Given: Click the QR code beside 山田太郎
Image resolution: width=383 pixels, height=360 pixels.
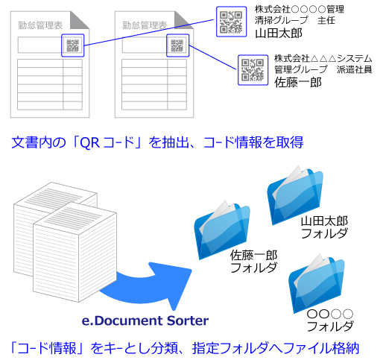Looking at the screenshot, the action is coord(231,22).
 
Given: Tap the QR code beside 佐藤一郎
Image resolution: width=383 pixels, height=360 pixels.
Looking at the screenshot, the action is coord(253,70).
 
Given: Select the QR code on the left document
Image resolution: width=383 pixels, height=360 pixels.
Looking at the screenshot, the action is coord(73,45).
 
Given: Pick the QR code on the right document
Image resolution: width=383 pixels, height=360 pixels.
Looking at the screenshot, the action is coord(177,45).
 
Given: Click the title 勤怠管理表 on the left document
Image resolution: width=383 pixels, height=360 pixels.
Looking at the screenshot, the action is coord(40,25).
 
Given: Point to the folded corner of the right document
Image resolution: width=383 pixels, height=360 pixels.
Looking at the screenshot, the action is coord(183,20).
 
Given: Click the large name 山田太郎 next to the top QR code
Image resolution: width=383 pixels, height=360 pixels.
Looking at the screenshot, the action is coord(279,34).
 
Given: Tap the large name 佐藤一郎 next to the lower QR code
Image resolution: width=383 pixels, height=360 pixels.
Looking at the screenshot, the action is coord(298,82).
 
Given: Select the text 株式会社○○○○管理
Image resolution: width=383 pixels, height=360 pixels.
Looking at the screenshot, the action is coord(300,10).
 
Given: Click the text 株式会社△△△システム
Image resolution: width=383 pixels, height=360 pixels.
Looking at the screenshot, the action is coord(323,59).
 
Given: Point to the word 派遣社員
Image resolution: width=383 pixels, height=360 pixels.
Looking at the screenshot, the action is coord(355,70).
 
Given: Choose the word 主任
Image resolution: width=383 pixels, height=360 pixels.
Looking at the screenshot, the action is coord(326,20).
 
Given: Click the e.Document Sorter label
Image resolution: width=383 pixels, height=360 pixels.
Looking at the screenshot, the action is coord(145,320).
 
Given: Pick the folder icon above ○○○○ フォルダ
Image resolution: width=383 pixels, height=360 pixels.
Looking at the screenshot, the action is coord(316,284).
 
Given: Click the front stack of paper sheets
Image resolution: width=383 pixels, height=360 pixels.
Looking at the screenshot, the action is coord(75,252).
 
